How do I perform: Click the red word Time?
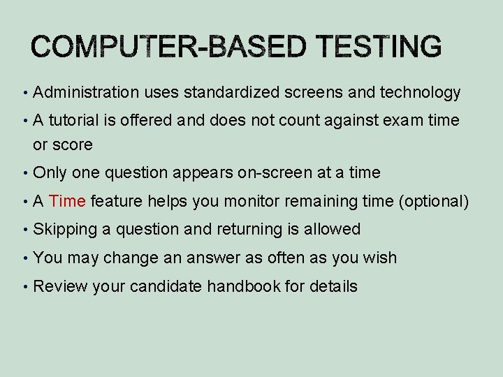pyautogui.click(x=68, y=202)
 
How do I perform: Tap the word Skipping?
pyautogui.click(x=62, y=229)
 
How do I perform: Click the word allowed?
pyautogui.click(x=331, y=229)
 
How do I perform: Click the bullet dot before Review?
pyautogui.click(x=24, y=286)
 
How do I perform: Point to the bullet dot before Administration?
pyautogui.click(x=24, y=93)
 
